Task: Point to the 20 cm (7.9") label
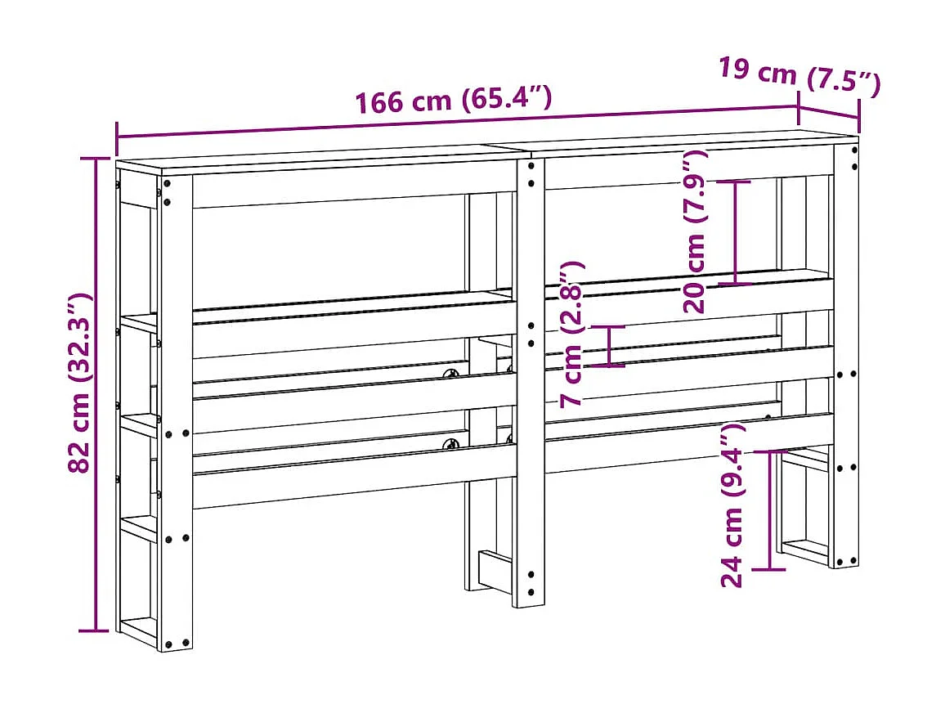[x=697, y=243]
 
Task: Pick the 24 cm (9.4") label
[x=732, y=505]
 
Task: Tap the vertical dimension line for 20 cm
[x=736, y=232]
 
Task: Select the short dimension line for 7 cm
[x=610, y=345]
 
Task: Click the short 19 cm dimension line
[x=829, y=114]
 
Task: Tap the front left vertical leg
[x=176, y=409]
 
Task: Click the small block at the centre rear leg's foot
[x=495, y=569]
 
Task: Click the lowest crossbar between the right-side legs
[x=804, y=550]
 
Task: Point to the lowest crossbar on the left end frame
[x=138, y=630]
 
